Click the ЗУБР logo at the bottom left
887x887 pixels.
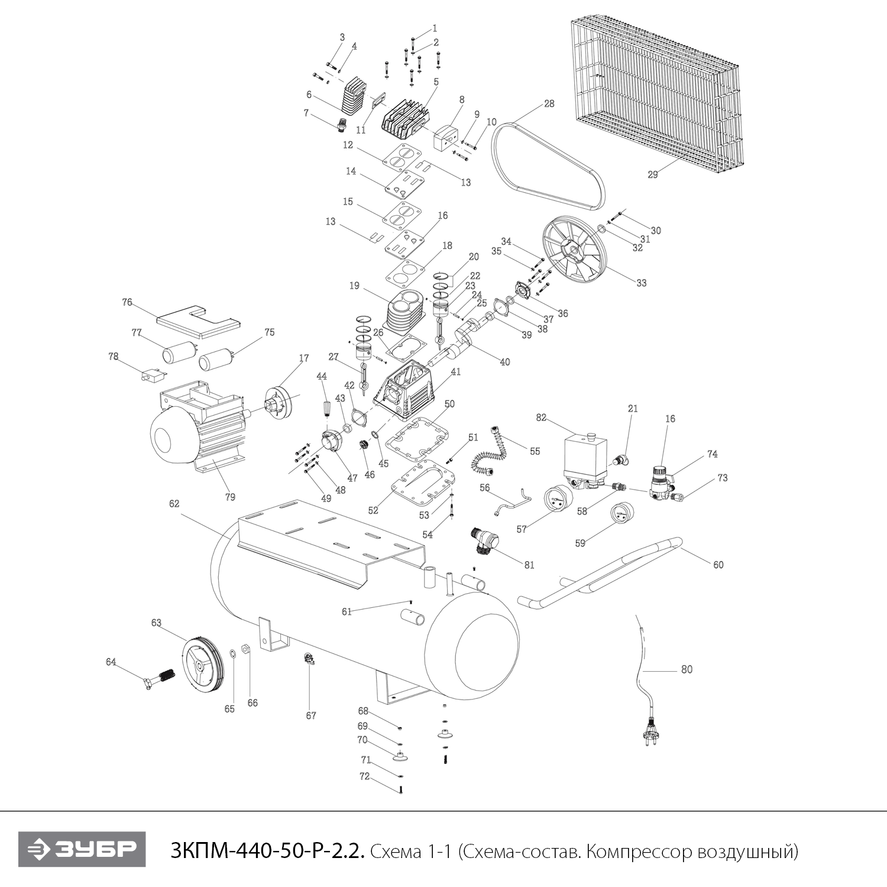point(82,850)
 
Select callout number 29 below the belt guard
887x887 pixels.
point(652,174)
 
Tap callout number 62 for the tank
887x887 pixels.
point(174,504)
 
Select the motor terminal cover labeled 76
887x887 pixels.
point(198,322)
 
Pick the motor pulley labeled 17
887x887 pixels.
point(279,402)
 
